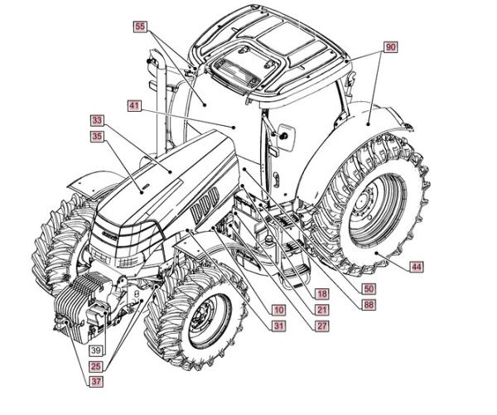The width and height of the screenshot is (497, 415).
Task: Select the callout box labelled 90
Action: pos(390,47)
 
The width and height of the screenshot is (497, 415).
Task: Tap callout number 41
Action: pos(134,106)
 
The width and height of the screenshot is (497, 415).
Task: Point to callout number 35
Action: pos(97,136)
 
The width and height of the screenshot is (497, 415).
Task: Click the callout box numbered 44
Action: pos(416,266)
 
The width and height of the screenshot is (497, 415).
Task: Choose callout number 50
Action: pos(369,288)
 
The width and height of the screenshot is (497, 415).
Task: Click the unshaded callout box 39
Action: pos(97,350)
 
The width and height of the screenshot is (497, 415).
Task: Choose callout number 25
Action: pos(97,365)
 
